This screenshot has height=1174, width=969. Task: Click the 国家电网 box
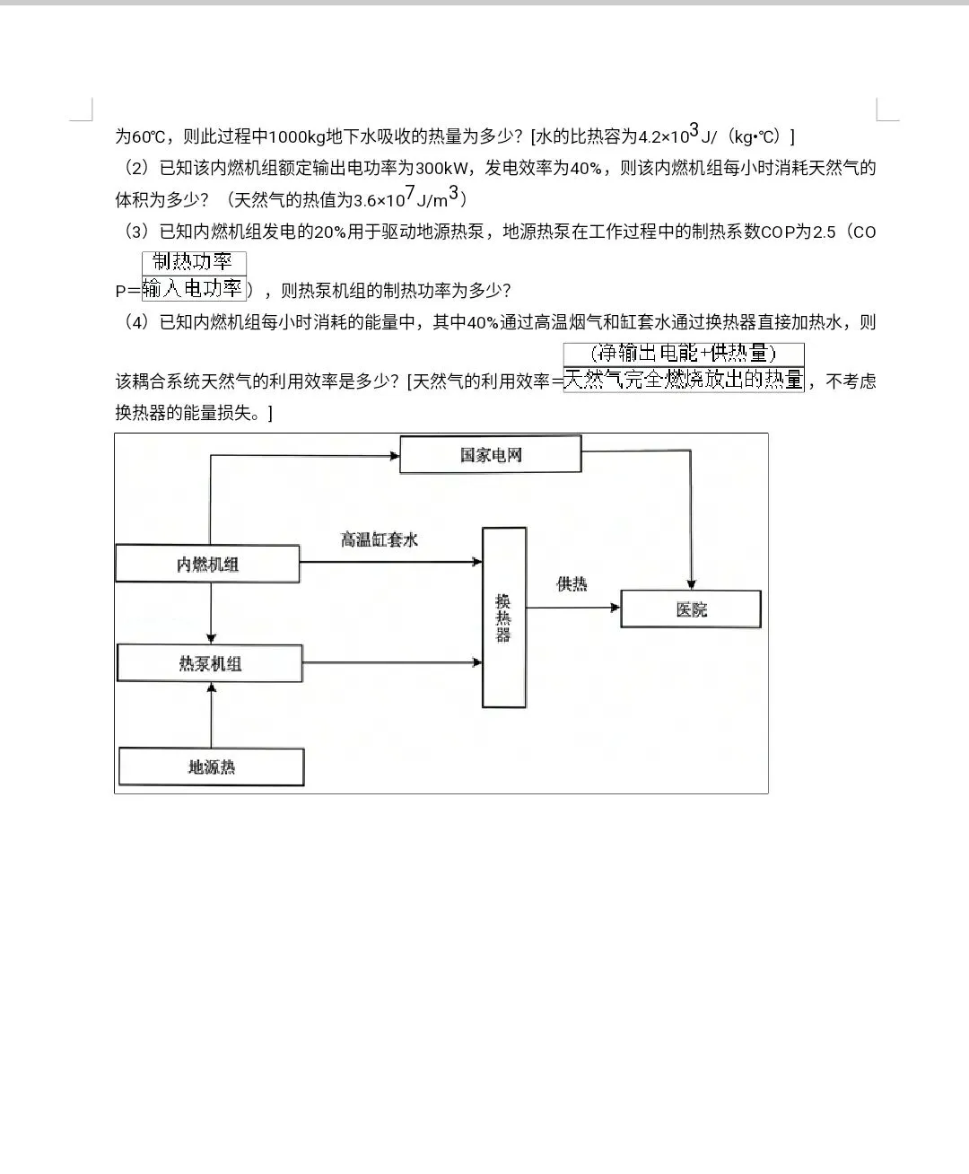pos(490,454)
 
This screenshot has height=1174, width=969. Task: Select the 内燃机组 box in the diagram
pos(207,564)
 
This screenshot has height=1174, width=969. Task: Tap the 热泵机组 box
pos(210,663)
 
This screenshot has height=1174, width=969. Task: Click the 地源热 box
pos(212,767)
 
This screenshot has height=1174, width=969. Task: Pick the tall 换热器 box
pos(504,618)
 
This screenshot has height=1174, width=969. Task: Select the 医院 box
pos(691,609)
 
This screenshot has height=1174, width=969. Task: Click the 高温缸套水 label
pos(379,539)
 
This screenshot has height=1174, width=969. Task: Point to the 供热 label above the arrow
pos(572,584)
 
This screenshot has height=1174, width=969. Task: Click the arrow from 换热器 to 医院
pos(572,608)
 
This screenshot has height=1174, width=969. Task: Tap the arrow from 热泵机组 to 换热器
pos(392,663)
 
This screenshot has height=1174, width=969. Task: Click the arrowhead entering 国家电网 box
pos(394,455)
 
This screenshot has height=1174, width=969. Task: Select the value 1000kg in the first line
pos(296,136)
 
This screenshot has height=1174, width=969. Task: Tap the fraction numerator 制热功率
pos(193,262)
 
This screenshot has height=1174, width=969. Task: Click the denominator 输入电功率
pos(193,289)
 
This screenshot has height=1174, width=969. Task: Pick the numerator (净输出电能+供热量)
pos(684,353)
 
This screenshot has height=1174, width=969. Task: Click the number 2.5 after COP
pos(824,232)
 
